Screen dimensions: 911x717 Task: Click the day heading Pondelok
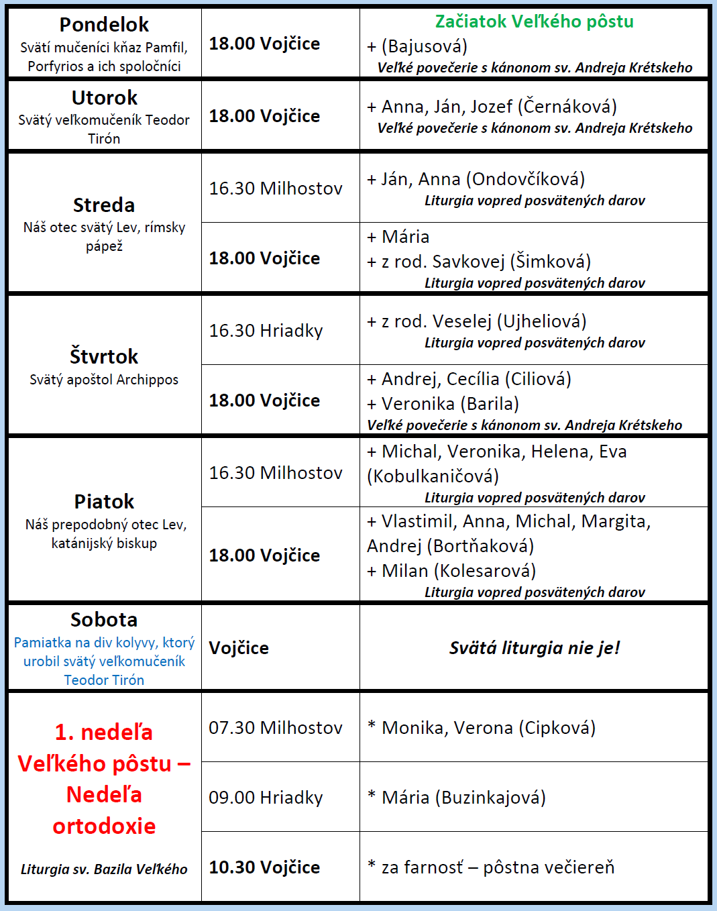[104, 25]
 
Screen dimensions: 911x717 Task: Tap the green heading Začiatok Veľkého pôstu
[534, 21]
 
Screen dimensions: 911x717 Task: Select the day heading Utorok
[104, 98]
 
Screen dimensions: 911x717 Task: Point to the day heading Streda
[104, 205]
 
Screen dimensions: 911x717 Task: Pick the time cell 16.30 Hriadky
[266, 331]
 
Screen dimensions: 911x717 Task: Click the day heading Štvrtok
[104, 356]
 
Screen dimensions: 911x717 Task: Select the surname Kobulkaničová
[433, 476]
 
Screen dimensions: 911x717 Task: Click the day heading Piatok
[104, 502]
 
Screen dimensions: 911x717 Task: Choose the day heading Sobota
[104, 620]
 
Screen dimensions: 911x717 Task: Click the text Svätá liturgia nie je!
[534, 648]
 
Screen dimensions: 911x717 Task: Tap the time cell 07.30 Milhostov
[275, 728]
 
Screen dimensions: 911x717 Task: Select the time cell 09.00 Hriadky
[266, 798]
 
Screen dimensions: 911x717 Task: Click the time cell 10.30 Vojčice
[264, 867]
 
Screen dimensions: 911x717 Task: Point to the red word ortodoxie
[104, 826]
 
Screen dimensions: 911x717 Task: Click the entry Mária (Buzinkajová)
[463, 798]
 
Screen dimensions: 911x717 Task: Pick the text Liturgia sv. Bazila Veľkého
[104, 869]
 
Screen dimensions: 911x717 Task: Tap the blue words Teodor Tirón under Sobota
[104, 680]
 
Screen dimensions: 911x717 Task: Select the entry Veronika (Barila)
[450, 404]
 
